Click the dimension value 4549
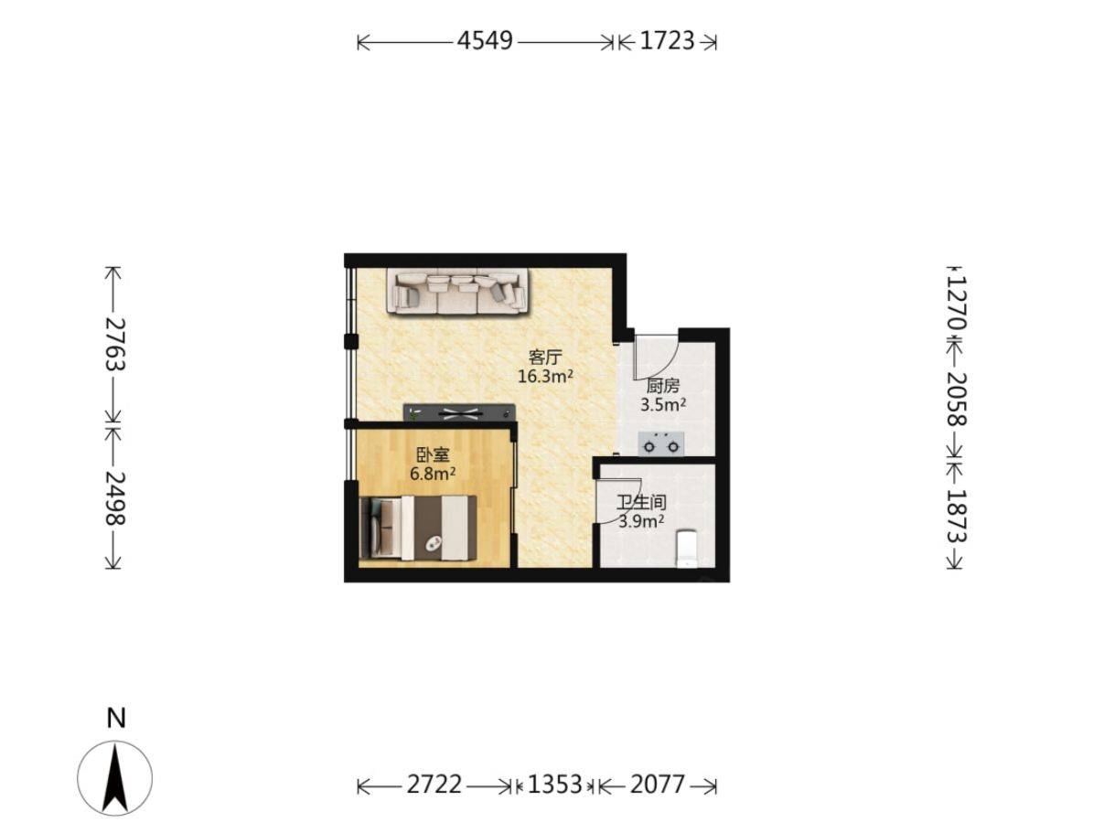[x=485, y=41]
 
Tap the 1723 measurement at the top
[x=667, y=41]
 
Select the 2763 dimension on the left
[x=113, y=345]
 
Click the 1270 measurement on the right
[x=956, y=304]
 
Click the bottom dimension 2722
[x=434, y=785]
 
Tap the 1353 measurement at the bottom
[x=555, y=785]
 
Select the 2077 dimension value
[x=658, y=785]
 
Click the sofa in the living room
[x=457, y=293]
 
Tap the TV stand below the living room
[x=459, y=412]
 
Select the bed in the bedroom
[x=418, y=528]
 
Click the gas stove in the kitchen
[x=660, y=444]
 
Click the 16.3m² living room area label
[x=545, y=377]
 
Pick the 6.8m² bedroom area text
[x=433, y=474]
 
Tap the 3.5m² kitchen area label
[x=663, y=405]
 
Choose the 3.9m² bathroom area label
[x=641, y=520]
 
